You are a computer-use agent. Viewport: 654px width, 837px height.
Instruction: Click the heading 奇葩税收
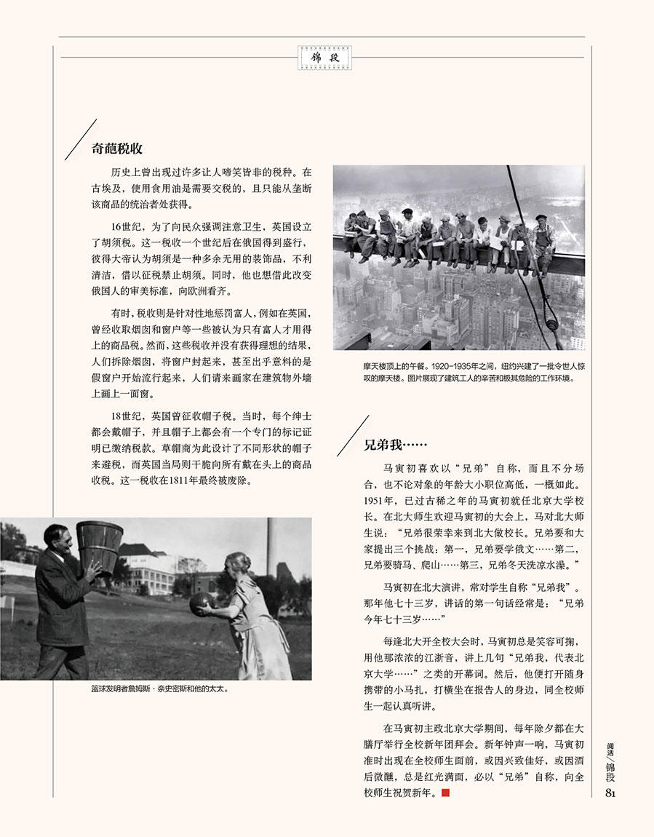(116, 148)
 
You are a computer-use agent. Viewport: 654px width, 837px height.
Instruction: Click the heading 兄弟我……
(395, 445)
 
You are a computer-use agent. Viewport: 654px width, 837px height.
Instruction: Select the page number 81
(611, 793)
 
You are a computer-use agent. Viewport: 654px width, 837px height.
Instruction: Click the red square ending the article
(446, 792)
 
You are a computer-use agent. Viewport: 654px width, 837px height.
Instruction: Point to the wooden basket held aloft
(100, 546)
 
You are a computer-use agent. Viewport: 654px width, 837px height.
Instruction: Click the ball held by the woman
(202, 603)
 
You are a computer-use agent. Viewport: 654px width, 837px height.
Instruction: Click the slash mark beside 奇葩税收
(81, 140)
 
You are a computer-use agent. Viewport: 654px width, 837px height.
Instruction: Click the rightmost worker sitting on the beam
(543, 241)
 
